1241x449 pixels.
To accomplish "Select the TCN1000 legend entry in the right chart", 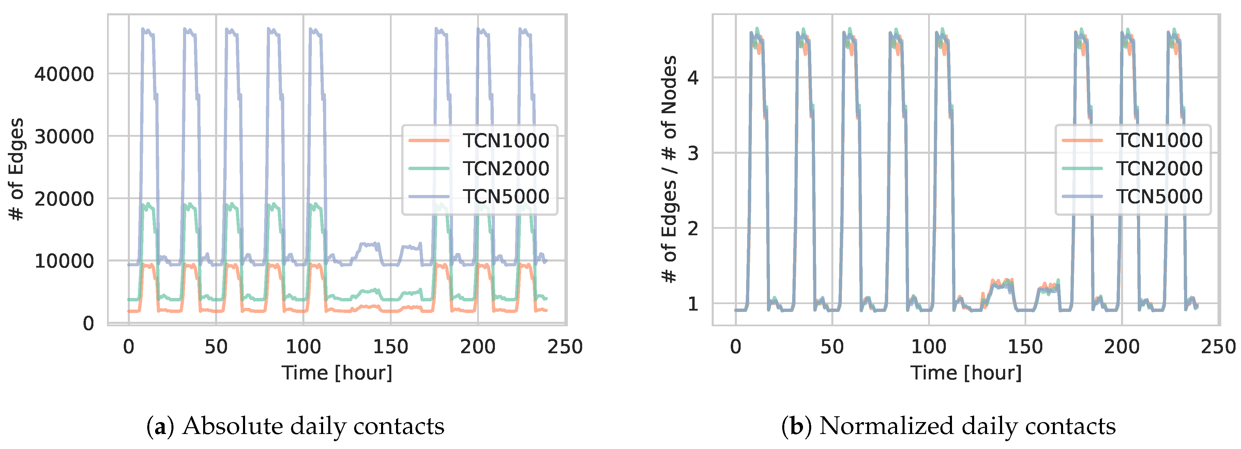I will [1159, 140].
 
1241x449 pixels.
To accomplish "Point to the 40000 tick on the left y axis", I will [64, 74].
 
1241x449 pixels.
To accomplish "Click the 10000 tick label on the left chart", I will [64, 261].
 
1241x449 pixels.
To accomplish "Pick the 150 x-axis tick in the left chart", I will [390, 347].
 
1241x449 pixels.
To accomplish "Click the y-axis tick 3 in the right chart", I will [693, 153].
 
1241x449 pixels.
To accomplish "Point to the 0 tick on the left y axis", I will [88, 323].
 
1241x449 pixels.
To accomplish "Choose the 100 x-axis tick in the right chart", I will [928, 347].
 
